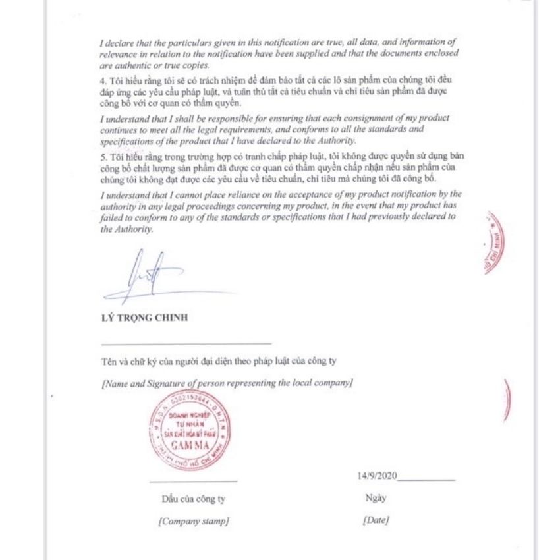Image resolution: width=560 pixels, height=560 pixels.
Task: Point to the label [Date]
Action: [x=376, y=520]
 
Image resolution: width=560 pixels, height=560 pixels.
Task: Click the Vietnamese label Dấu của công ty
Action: [x=194, y=499]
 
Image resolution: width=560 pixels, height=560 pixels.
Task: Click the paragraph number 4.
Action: [x=103, y=80]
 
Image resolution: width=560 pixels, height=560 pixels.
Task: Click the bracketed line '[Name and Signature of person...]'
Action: [x=227, y=383]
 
